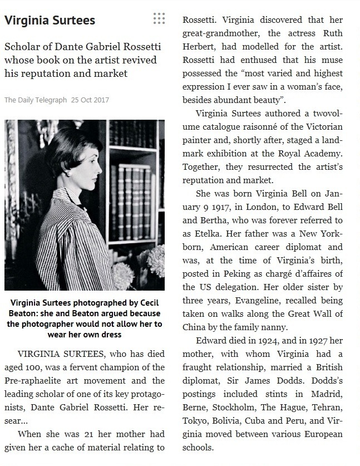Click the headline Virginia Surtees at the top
[x=50, y=21]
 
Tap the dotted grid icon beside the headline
[x=159, y=19]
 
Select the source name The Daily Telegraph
[x=36, y=100]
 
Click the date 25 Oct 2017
[x=90, y=100]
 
